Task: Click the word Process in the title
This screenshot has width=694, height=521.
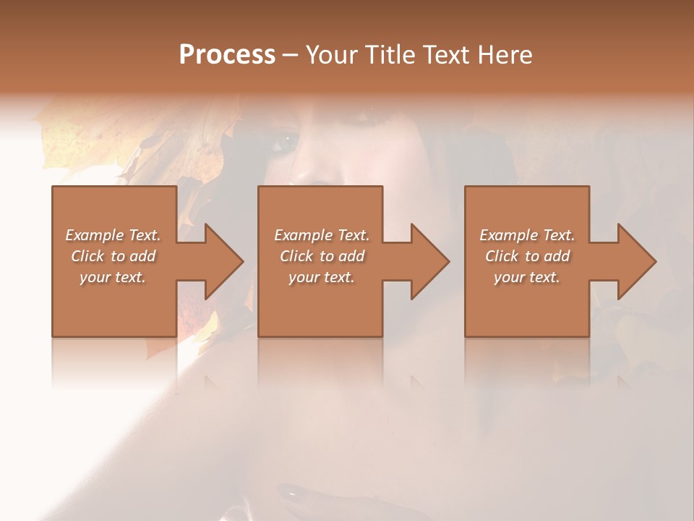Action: click(x=227, y=55)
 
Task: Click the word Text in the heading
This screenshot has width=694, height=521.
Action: click(x=447, y=55)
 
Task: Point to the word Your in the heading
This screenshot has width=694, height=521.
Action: click(x=334, y=55)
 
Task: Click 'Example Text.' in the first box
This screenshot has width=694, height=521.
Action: click(x=113, y=235)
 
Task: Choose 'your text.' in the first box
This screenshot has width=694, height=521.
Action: click(x=113, y=277)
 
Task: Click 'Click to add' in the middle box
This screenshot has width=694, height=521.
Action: click(x=322, y=256)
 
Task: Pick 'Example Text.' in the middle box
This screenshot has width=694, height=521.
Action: click(x=322, y=235)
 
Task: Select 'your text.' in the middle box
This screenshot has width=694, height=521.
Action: click(x=322, y=277)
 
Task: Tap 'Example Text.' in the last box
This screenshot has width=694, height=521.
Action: click(x=527, y=235)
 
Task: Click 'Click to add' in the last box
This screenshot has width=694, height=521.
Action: click(x=527, y=256)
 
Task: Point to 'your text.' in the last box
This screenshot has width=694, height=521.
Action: click(x=527, y=277)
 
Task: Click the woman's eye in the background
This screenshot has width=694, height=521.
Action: click(x=284, y=142)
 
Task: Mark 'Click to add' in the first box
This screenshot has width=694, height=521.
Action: click(x=113, y=256)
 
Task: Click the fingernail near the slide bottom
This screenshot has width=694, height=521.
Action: click(x=294, y=496)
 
